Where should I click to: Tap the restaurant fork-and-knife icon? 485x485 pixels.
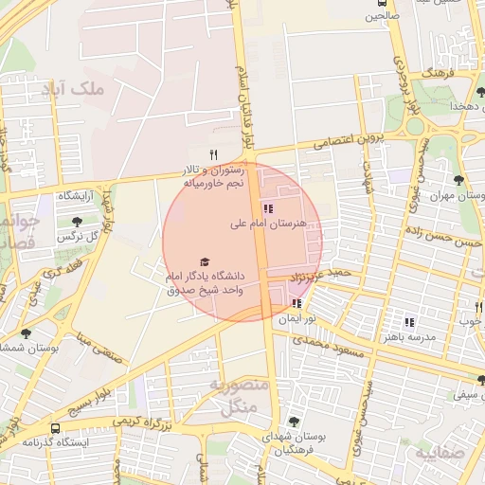(x=214, y=154)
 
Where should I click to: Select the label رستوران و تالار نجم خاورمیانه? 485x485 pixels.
(x=214, y=175)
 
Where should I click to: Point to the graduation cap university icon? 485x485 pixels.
(x=204, y=261)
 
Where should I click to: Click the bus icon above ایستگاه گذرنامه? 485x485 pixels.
(x=56, y=428)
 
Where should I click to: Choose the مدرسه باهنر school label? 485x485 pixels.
(x=409, y=337)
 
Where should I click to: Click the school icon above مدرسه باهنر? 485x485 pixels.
(x=409, y=322)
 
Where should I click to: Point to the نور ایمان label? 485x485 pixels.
(x=294, y=319)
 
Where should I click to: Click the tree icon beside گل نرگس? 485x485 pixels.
(x=77, y=222)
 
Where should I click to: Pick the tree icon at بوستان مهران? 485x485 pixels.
(x=459, y=179)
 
